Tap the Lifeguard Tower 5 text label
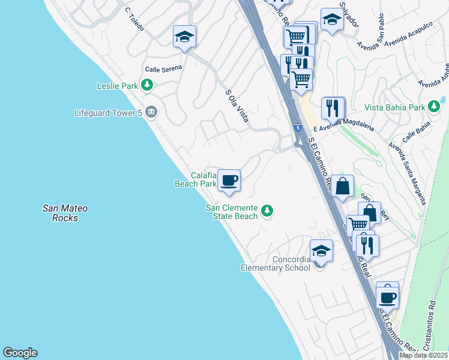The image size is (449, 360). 109,112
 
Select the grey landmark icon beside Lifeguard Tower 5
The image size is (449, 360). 151,112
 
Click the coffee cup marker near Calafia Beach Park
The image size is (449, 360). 229,181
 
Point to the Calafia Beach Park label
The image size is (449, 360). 195,180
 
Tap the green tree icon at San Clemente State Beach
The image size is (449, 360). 267,211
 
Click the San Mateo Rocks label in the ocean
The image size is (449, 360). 65,214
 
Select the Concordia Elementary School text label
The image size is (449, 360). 276,263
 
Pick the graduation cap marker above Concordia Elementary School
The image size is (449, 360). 321,251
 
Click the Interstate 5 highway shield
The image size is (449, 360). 298,128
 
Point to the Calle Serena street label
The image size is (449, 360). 163,70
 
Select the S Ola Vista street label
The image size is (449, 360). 237,106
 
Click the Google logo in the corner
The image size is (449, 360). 20,353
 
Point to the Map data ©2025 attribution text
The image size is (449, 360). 423,355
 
